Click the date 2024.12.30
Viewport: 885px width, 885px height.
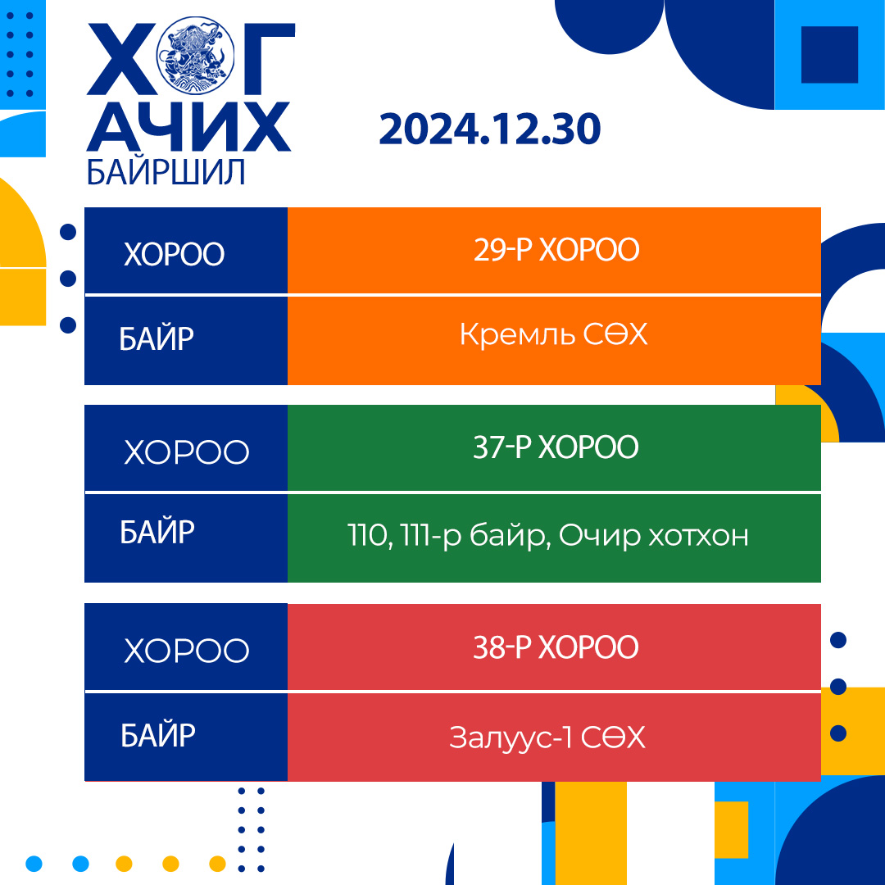pos(490,129)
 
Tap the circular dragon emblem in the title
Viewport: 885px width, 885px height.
pos(195,55)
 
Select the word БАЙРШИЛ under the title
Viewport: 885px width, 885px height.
pos(166,171)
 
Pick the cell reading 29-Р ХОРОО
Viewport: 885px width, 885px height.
pos(554,251)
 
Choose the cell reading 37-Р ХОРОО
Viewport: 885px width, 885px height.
pos(554,447)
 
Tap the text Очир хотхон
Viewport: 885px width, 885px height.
pos(654,535)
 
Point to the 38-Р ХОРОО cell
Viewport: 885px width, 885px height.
pos(554,647)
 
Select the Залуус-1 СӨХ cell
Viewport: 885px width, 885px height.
pos(554,737)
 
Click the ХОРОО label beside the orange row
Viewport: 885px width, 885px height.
pos(174,254)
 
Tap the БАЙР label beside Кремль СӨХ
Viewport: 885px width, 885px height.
pos(157,338)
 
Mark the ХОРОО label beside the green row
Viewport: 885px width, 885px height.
pos(186,452)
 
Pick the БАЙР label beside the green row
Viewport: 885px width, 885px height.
pos(157,532)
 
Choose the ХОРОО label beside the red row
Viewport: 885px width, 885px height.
pos(186,650)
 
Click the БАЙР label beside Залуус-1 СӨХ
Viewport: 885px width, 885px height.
pos(157,735)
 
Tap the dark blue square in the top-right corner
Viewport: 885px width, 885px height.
pos(829,55)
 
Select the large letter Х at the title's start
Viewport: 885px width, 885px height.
pos(120,59)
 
